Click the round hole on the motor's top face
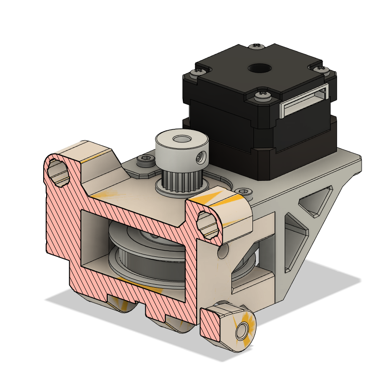point(258,68)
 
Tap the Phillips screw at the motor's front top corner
point(261,94)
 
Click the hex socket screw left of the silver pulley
point(146,159)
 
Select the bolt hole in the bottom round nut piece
point(242,330)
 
